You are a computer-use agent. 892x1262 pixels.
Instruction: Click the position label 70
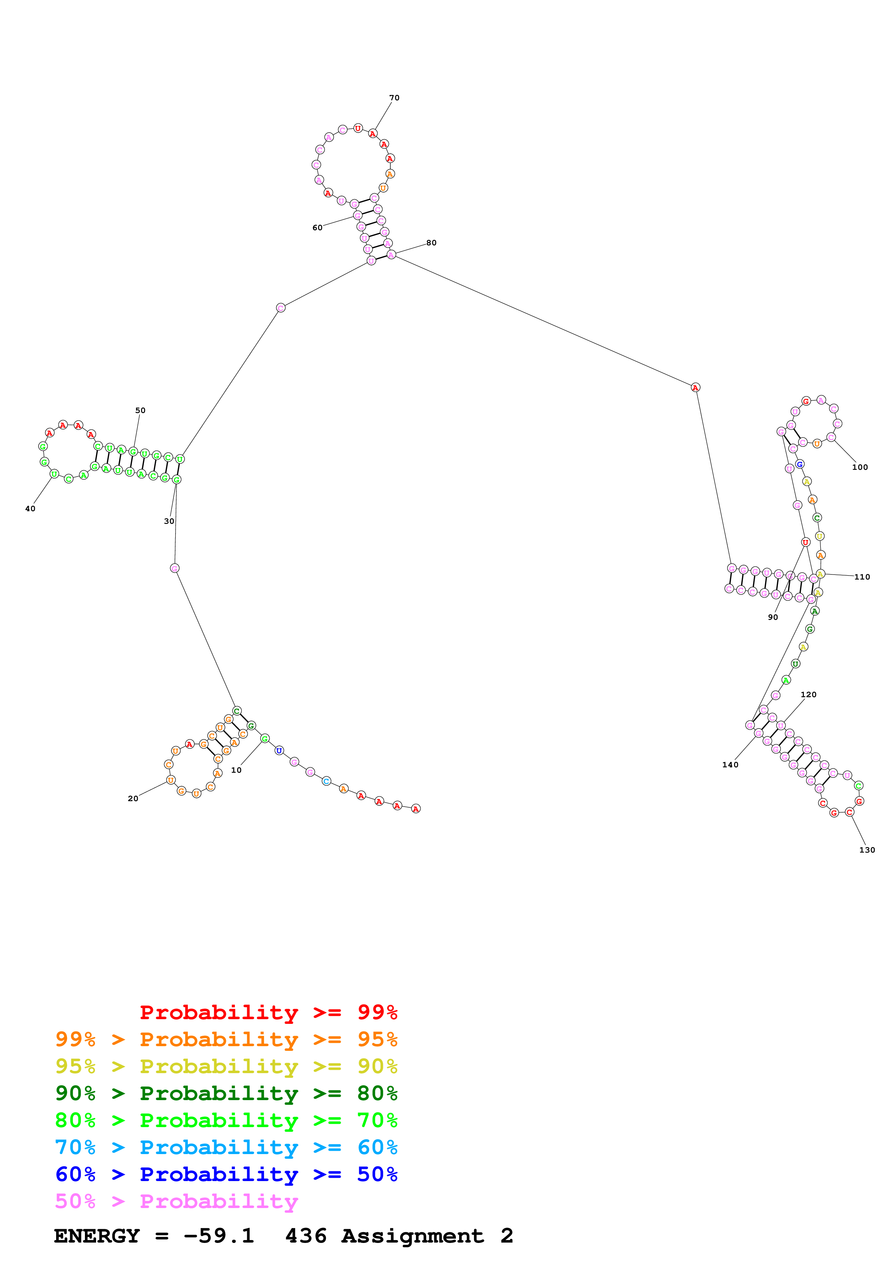point(394,98)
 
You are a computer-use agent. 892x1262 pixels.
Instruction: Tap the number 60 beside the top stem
point(317,228)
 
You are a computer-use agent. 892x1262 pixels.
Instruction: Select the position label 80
point(431,242)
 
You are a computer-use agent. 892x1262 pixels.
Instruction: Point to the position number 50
point(140,410)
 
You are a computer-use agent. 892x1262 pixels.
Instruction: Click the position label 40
point(30,508)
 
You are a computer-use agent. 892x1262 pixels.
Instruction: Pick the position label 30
point(169,521)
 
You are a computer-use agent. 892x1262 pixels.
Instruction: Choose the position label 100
point(860,467)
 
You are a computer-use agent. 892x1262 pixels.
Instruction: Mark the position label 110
point(862,577)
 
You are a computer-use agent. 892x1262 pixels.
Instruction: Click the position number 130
point(867,850)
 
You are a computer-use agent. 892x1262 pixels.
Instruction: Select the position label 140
point(730,764)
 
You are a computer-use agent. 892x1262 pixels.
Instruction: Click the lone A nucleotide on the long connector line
point(695,387)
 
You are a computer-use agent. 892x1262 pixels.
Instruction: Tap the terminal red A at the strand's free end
point(416,809)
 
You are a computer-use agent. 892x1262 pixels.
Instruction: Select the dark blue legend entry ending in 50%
point(226,1174)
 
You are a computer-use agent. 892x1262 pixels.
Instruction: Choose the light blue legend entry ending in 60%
point(226,1147)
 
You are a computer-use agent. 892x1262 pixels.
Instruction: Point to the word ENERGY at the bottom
point(97,1236)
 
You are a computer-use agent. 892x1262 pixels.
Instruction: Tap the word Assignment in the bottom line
point(412,1236)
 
